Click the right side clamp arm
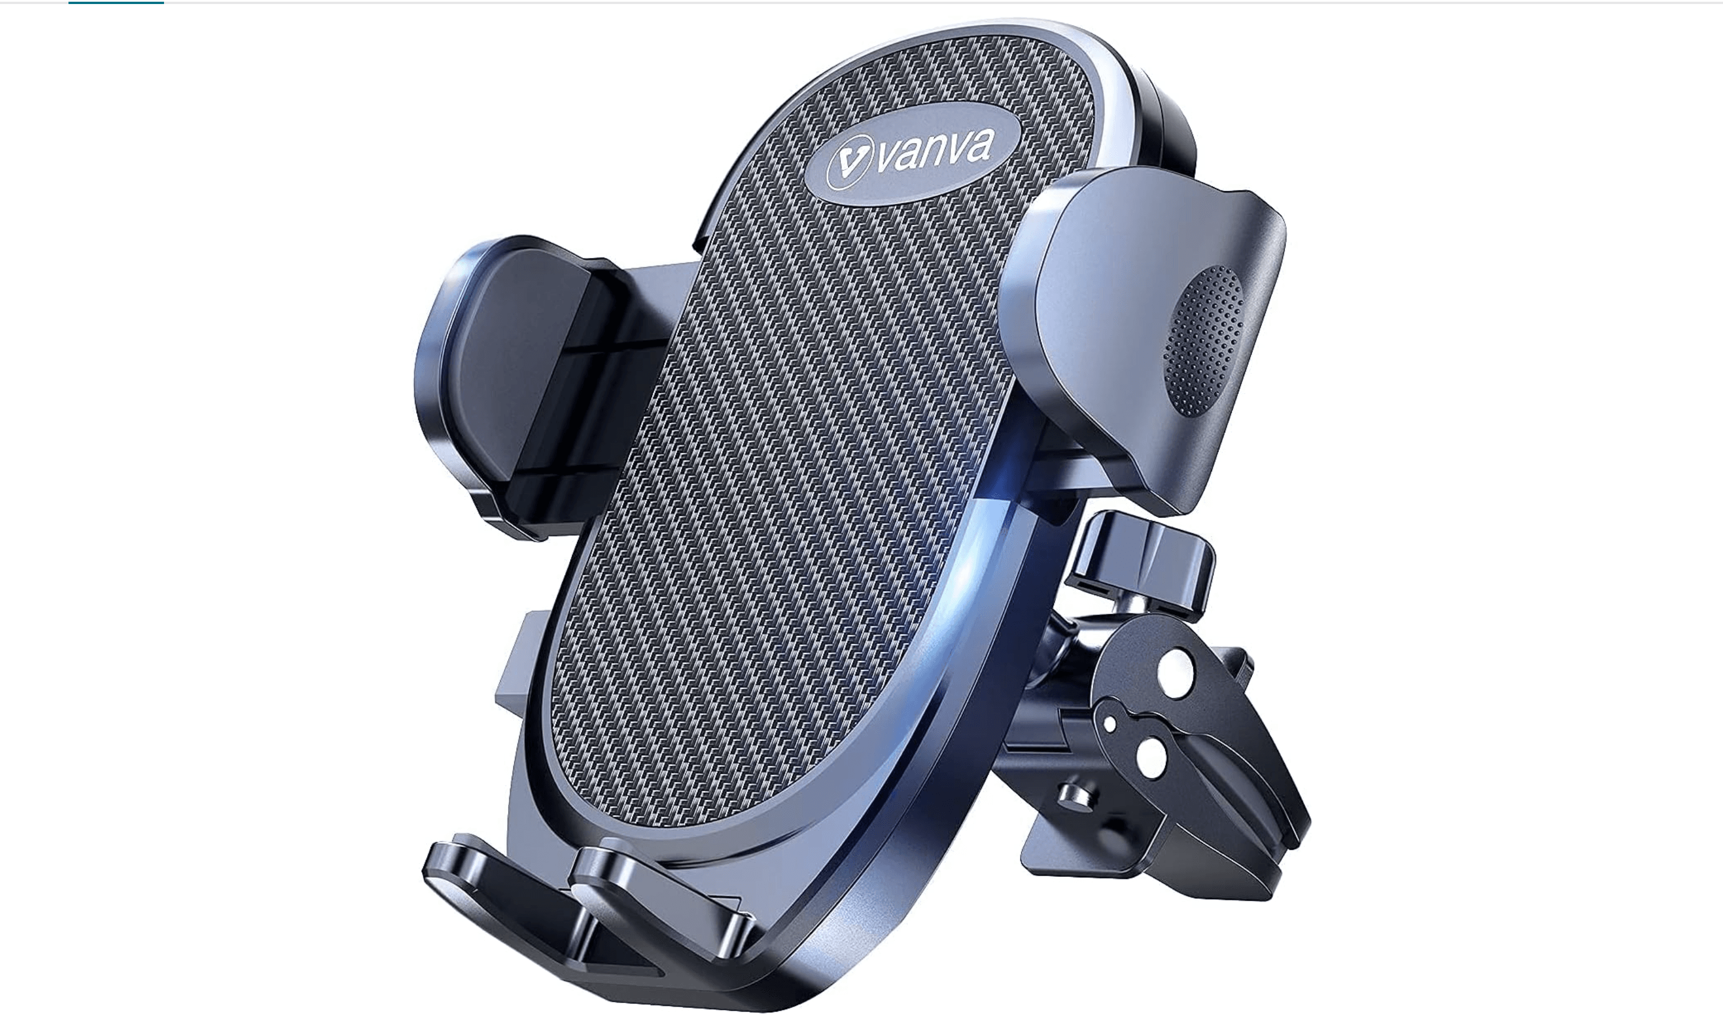[x=1142, y=334]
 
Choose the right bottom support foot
[x=662, y=899]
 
